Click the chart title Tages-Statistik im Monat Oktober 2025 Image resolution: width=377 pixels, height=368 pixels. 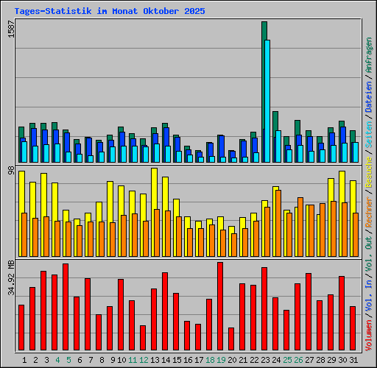(x=109, y=12)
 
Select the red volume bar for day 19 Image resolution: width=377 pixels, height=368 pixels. (x=219, y=305)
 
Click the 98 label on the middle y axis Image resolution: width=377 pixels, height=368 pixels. (x=10, y=171)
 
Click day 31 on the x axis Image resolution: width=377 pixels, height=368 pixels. (x=353, y=360)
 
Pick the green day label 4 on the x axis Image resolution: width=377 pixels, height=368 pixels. (x=56, y=360)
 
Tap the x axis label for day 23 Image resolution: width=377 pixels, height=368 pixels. (x=265, y=360)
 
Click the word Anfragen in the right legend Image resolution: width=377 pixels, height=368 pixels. (x=368, y=56)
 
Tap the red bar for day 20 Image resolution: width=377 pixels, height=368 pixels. (x=230, y=339)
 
